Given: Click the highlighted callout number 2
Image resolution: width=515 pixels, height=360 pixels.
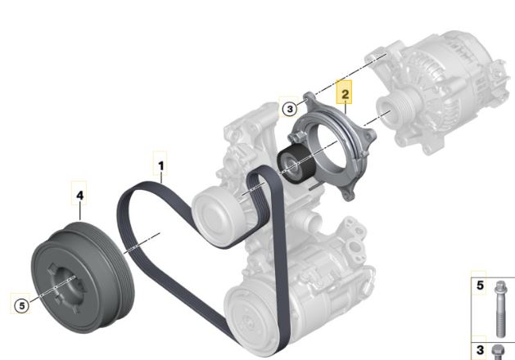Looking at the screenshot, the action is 345,95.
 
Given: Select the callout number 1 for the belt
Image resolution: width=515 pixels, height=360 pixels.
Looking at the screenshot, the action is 161,166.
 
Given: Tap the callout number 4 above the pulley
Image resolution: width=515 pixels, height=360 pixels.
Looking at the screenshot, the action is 79,196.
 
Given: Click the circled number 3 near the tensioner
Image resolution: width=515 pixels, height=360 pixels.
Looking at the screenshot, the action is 290,109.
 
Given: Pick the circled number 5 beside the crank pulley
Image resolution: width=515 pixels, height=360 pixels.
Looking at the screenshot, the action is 21,306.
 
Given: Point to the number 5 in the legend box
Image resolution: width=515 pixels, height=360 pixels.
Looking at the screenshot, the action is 480,286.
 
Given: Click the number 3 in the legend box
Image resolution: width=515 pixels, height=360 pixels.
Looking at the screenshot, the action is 480,350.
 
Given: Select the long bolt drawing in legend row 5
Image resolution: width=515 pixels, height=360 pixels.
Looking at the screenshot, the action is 500,308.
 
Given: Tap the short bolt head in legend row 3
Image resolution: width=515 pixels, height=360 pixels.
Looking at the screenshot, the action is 499,352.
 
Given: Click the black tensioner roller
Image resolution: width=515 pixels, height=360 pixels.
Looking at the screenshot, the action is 294,164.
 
